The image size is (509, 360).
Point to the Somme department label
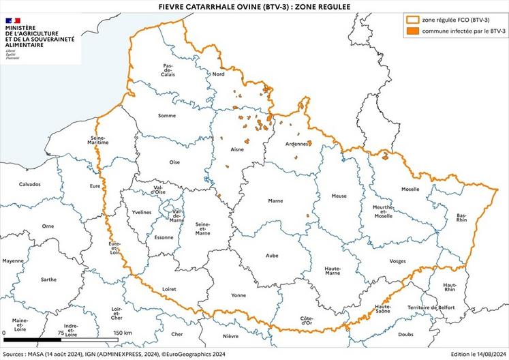pyautogui.click(x=166, y=116)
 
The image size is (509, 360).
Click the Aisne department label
pyautogui.click(x=237, y=149)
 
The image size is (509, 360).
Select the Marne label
pyautogui.click(x=275, y=201)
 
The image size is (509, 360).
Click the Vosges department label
pyautogui.click(x=397, y=261)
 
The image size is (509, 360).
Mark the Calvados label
pyautogui.click(x=30, y=184)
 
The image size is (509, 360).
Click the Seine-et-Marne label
pyautogui.click(x=202, y=228)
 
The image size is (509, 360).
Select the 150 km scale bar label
pyautogui.click(x=123, y=332)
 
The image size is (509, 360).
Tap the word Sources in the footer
pyautogui.click(x=17, y=354)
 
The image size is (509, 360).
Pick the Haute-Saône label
pyautogui.click(x=387, y=310)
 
